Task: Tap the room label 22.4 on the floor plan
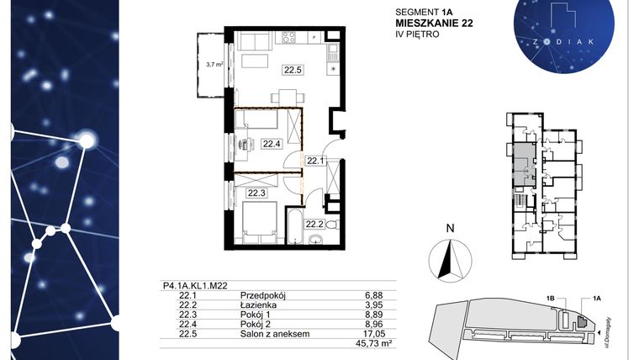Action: pos(271,143)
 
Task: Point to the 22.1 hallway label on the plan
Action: pos(314,160)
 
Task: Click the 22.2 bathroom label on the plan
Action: pos(314,224)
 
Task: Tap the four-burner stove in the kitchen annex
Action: pos(290,38)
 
